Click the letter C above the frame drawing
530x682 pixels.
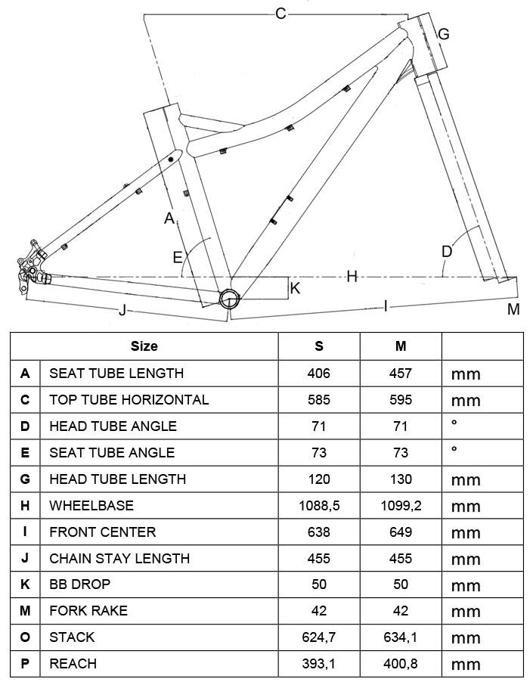[x=280, y=13]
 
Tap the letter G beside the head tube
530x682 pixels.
[x=444, y=34]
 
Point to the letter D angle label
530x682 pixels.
[x=446, y=251]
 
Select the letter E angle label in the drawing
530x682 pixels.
[x=178, y=257]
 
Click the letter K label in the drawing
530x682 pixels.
[x=295, y=289]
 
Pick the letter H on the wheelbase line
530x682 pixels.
[x=352, y=277]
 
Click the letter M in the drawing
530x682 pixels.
[x=513, y=308]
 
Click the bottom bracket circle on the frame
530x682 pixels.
[x=228, y=298]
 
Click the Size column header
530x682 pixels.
[x=144, y=346]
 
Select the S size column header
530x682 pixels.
[x=319, y=346]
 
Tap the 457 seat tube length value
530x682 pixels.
[x=401, y=373]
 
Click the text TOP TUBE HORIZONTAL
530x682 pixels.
[x=129, y=399]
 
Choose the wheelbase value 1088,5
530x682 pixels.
[x=319, y=505]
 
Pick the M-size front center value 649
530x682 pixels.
[x=401, y=532]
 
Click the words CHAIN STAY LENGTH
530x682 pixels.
[x=119, y=558]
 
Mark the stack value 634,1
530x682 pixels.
[x=401, y=637]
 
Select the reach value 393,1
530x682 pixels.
[x=319, y=664]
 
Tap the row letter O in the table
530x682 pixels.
[x=25, y=637]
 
